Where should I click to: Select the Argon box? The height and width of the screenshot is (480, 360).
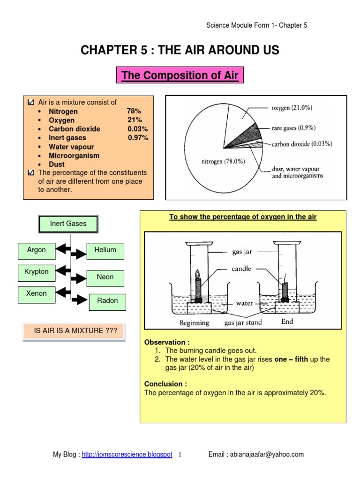tap(36, 250)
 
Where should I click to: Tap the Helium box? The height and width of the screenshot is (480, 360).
tap(105, 250)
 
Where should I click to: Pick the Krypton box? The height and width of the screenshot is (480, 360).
tap(36, 272)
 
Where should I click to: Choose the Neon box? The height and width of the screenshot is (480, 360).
tap(105, 277)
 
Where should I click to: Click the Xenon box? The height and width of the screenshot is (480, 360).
tap(36, 294)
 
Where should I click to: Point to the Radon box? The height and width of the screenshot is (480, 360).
tap(107, 301)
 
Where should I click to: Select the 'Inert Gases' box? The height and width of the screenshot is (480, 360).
tap(68, 224)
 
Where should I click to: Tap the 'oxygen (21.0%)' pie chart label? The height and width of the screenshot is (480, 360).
tap(292, 108)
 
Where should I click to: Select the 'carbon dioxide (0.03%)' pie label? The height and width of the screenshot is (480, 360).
tap(302, 144)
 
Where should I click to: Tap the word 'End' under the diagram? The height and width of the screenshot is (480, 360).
tap(287, 322)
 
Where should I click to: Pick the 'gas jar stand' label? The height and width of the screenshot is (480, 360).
tap(243, 323)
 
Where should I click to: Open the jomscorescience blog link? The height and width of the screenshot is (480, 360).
tap(127, 455)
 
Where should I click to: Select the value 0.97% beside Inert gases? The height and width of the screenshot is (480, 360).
tap(138, 138)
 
